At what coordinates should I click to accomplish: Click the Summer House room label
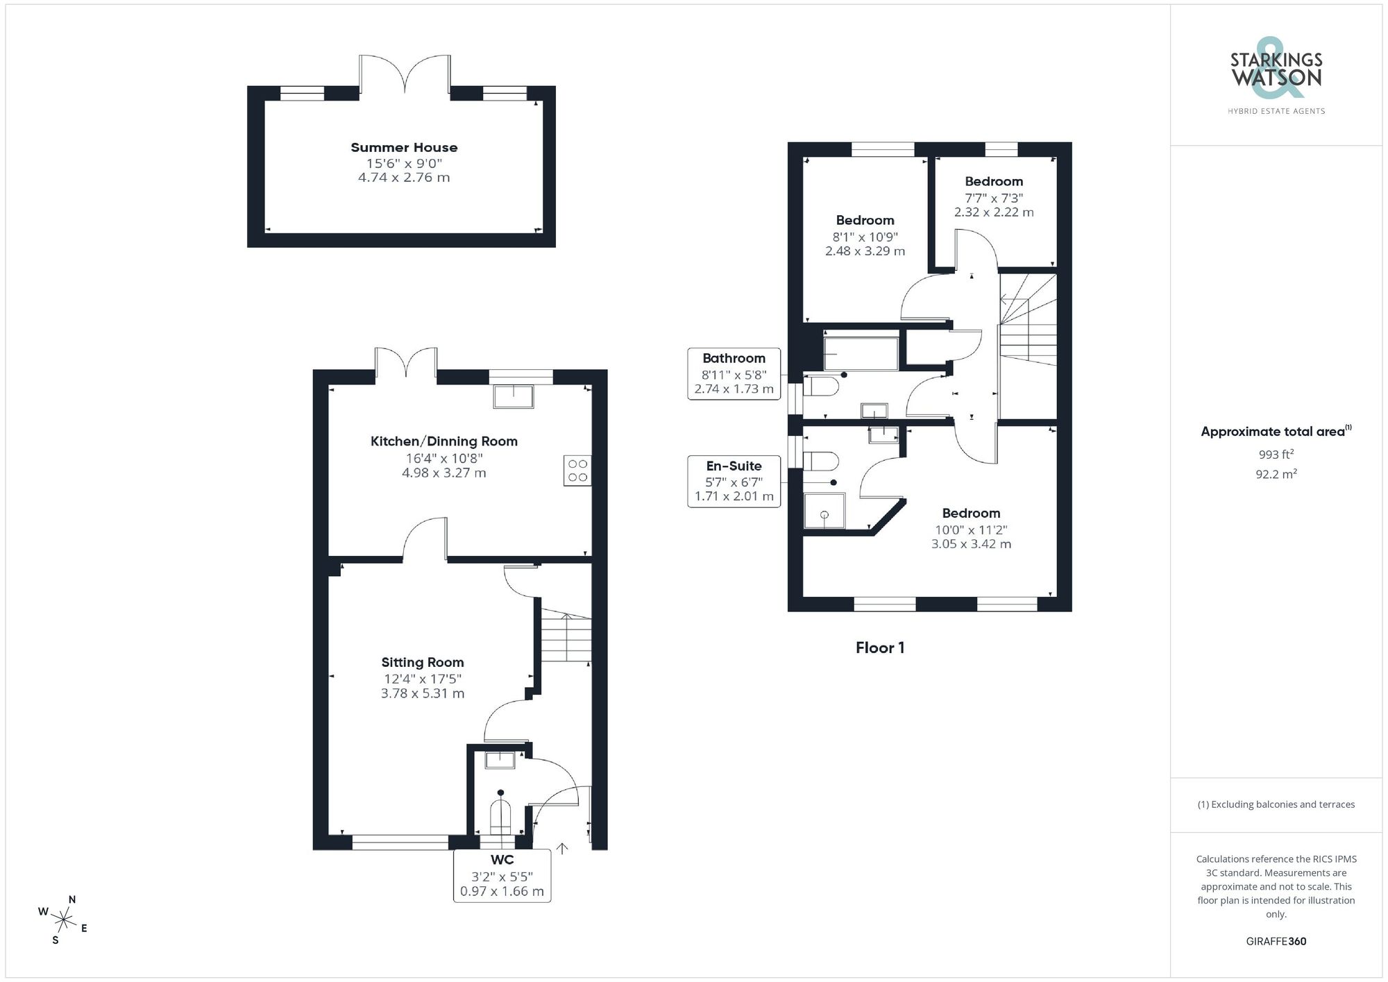(x=404, y=147)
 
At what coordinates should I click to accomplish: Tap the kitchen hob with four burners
(x=577, y=471)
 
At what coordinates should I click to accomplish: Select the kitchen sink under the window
(x=514, y=396)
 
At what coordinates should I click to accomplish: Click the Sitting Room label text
(x=422, y=662)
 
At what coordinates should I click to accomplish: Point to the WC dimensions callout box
(x=502, y=877)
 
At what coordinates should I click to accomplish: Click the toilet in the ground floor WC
(x=500, y=817)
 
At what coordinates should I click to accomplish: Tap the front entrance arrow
(x=562, y=848)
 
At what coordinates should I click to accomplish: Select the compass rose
(x=63, y=921)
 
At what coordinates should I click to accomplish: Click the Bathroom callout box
(x=734, y=373)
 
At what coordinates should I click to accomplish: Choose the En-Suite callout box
(x=734, y=481)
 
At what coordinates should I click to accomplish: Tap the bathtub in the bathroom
(x=861, y=353)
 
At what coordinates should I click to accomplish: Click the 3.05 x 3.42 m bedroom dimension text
(x=971, y=544)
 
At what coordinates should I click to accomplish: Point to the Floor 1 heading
(x=879, y=647)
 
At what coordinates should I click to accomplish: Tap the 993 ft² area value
(x=1276, y=455)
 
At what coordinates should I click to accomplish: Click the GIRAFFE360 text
(x=1276, y=941)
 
